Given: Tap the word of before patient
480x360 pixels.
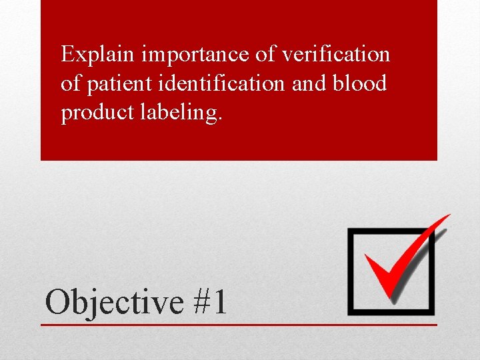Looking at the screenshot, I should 69,84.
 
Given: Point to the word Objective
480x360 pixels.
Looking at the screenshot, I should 114,302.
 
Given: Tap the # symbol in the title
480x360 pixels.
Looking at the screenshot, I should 201,301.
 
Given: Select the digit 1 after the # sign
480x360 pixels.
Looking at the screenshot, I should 219,301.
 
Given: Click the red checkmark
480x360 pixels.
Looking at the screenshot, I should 393,267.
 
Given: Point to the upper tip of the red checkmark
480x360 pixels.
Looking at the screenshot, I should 448,216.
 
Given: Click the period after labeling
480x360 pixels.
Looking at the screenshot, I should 221,119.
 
